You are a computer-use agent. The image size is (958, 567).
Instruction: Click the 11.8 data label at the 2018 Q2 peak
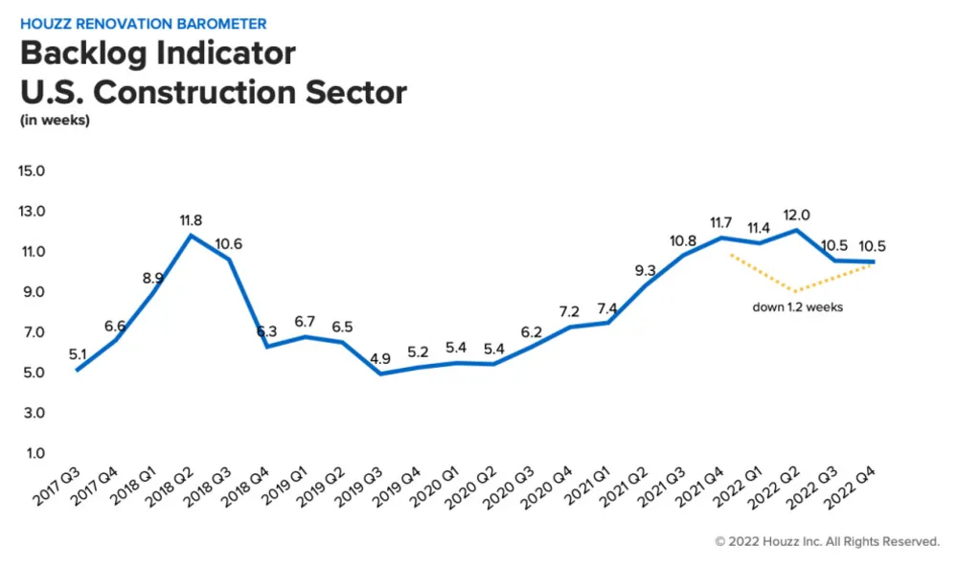click(x=192, y=220)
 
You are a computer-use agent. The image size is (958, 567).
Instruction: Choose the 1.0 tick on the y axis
click(x=35, y=453)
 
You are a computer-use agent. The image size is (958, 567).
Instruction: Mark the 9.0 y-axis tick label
click(x=35, y=292)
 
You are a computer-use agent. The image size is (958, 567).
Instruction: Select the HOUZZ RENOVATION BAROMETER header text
click(x=144, y=23)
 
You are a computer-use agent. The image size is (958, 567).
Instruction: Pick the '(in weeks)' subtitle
click(x=55, y=121)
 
